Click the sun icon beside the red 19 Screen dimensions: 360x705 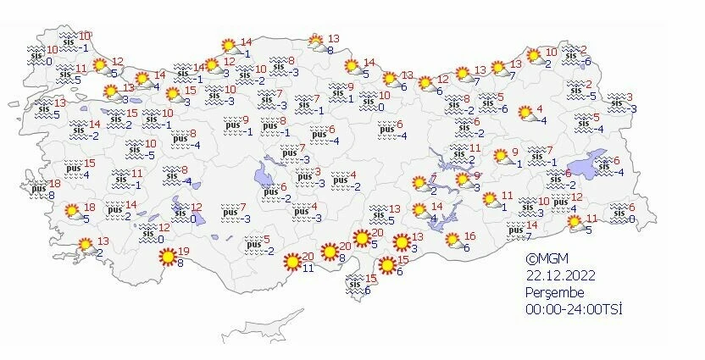[168, 255]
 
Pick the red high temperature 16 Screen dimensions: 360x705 [470, 236]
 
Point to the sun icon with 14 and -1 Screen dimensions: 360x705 [228, 46]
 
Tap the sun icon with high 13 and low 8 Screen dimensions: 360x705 [316, 40]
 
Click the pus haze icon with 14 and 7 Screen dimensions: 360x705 [514, 229]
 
